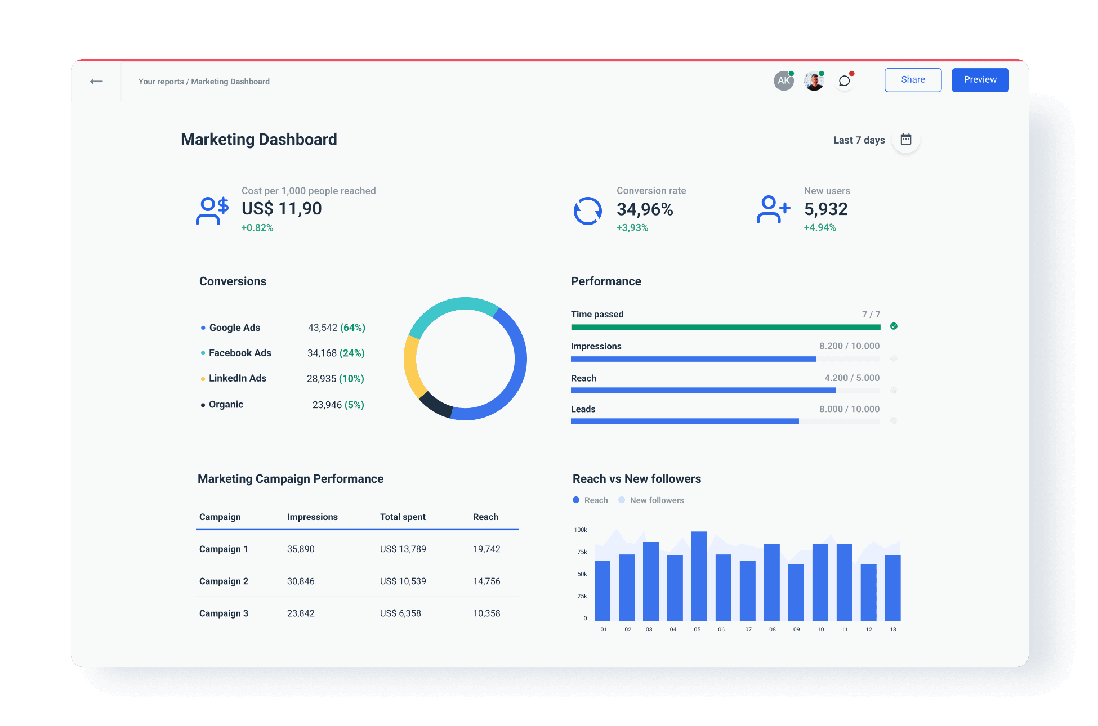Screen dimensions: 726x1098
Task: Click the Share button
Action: [x=912, y=80]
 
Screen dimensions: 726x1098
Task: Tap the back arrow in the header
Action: [x=96, y=82]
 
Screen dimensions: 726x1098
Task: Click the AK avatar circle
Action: [x=783, y=81]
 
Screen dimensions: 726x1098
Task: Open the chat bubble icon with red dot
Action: [x=843, y=81]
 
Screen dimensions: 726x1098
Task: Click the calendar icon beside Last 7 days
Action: [x=905, y=140]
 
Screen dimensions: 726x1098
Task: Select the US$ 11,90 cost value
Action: [x=282, y=209]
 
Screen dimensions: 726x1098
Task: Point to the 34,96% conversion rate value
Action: [x=645, y=209]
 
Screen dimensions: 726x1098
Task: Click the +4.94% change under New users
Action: [x=819, y=227]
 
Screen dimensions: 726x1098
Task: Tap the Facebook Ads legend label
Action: [x=240, y=353]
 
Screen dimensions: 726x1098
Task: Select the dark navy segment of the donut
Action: [x=434, y=405]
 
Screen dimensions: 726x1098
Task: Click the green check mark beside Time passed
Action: [x=894, y=326]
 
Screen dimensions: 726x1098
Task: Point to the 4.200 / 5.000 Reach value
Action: [x=851, y=378]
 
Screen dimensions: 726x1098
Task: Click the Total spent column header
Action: [x=403, y=517]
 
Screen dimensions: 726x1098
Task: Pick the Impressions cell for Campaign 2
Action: [x=301, y=581]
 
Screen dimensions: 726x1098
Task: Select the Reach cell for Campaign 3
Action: [x=486, y=613]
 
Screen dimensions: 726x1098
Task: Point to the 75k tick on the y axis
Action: [x=582, y=552]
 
